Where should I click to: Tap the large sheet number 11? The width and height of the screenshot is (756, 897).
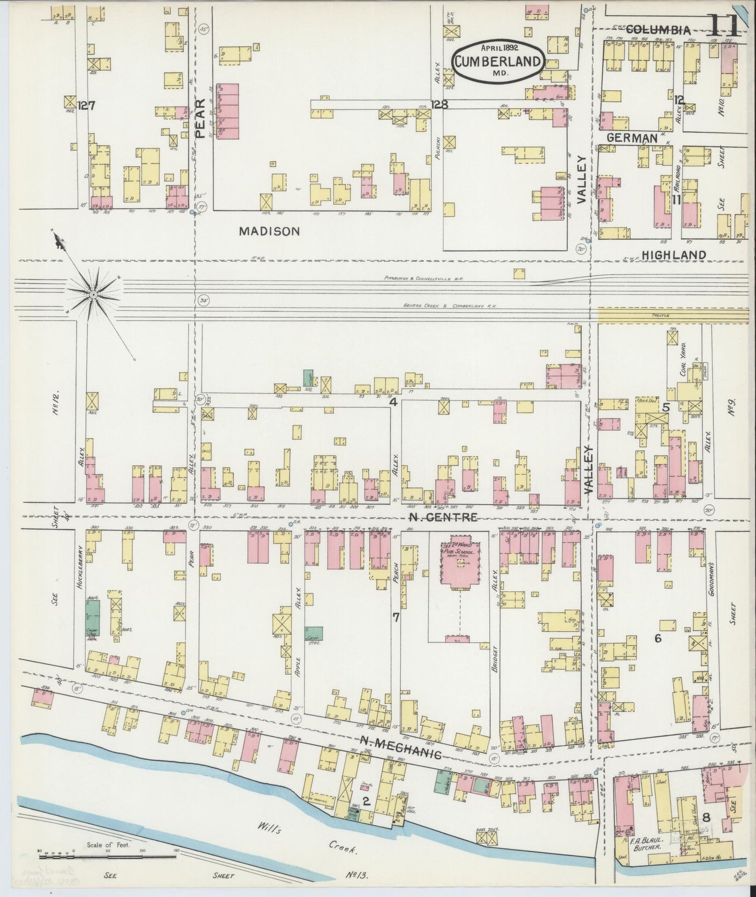[724, 25]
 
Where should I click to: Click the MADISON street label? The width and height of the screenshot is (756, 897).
[269, 231]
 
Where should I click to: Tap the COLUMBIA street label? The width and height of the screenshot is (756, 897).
[658, 30]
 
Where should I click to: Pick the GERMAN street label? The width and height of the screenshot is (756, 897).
[632, 138]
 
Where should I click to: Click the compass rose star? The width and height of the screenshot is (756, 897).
[94, 295]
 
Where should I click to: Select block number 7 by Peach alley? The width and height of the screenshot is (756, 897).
[396, 618]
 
